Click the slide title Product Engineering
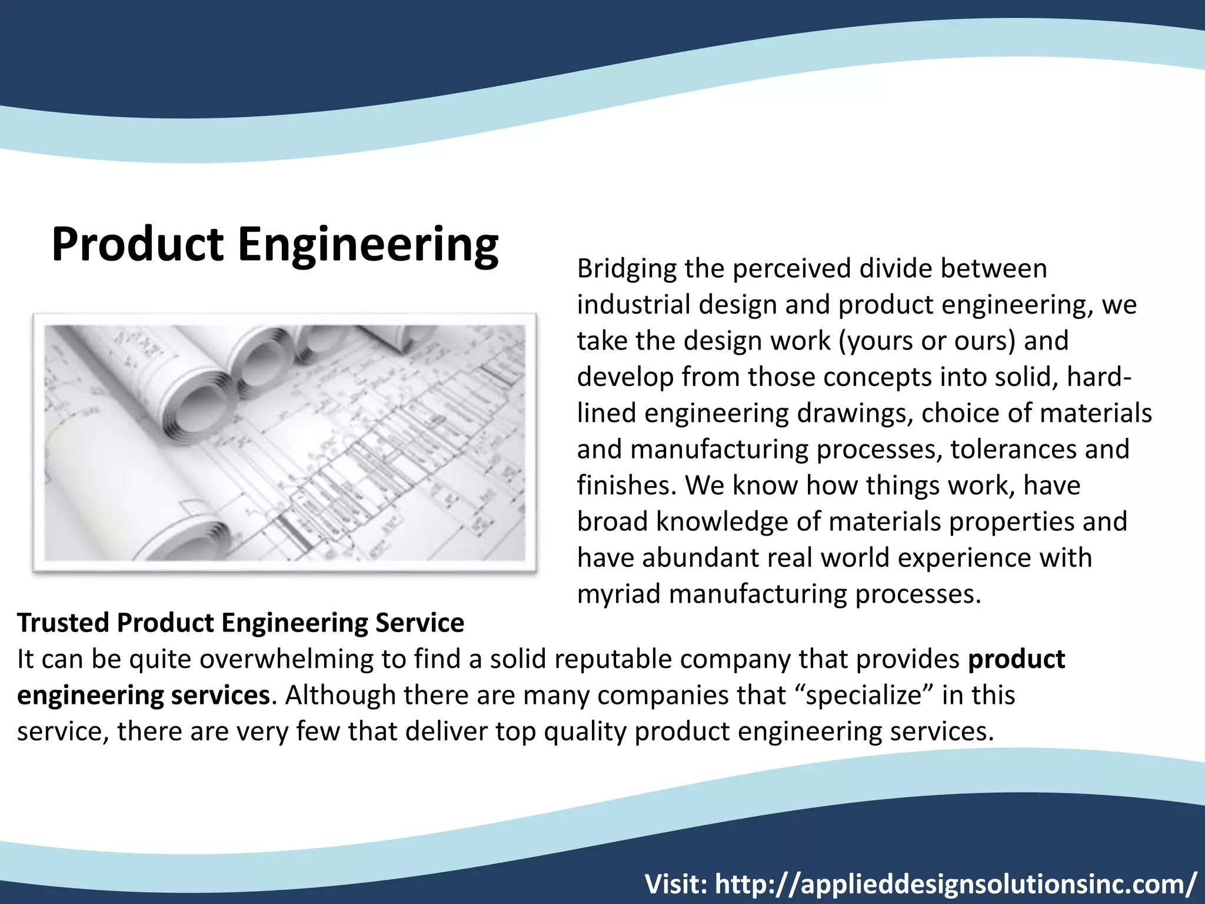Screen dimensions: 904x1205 [x=275, y=245]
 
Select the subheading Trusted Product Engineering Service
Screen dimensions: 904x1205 [x=241, y=623]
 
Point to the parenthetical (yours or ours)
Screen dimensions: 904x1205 [x=926, y=341]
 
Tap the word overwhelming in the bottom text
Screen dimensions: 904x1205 [x=286, y=659]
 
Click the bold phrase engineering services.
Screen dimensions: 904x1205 [x=144, y=695]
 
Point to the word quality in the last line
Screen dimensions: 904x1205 [x=585, y=732]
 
